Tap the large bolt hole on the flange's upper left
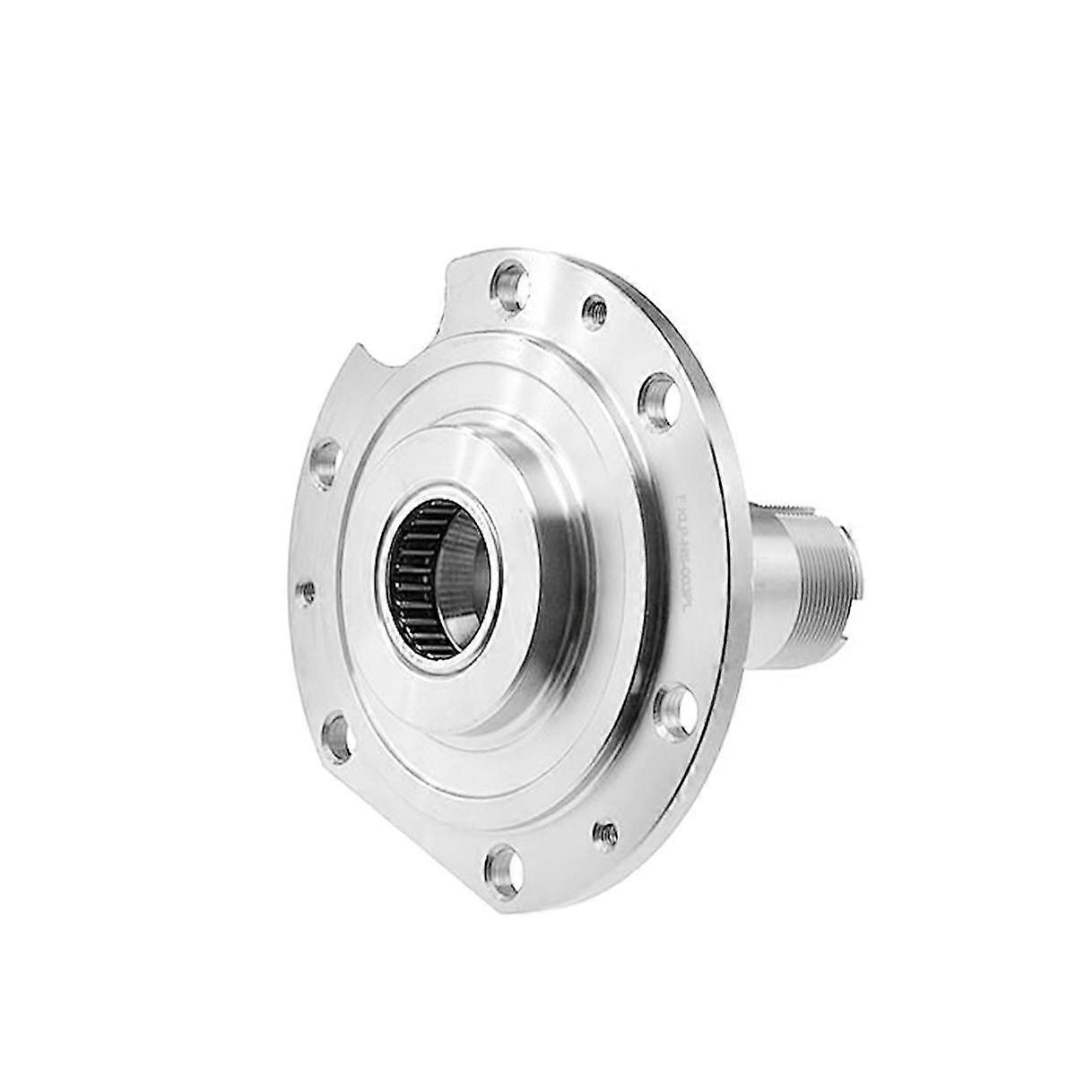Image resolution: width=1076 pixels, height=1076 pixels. coord(325,464)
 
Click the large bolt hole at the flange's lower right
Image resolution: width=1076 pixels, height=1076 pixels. coord(671,710)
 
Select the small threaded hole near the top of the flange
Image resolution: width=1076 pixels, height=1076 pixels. coord(592,311)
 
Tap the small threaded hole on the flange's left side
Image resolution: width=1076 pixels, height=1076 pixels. coord(306,590)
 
